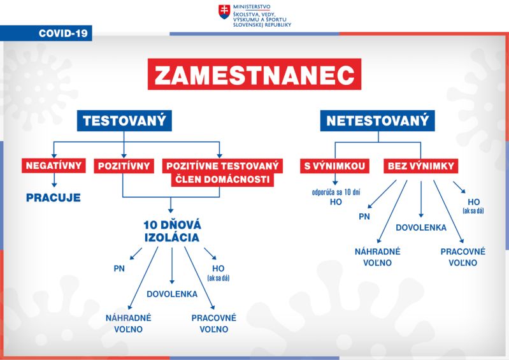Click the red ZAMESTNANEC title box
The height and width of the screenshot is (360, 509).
click(254, 74)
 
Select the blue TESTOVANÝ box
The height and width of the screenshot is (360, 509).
click(124, 121)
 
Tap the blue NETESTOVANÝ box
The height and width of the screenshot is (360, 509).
click(378, 121)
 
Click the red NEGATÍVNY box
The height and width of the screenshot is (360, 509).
click(54, 166)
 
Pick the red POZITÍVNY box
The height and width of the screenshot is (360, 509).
click(124, 166)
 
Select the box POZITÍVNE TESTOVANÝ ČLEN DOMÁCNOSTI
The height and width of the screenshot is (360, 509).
click(223, 173)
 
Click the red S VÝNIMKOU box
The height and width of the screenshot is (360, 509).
click(334, 166)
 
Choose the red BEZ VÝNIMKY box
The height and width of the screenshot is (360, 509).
click(420, 166)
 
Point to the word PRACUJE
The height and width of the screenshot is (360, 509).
click(54, 198)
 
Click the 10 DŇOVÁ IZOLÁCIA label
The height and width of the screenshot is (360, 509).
click(172, 231)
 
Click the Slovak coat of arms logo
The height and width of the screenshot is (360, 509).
click(224, 11)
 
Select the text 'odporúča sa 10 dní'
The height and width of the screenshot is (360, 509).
click(336, 192)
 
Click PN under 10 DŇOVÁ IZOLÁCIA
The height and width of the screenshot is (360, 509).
click(119, 268)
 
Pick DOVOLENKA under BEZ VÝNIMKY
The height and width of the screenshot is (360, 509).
click(421, 227)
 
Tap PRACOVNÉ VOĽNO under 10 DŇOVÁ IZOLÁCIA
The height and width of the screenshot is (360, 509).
click(214, 323)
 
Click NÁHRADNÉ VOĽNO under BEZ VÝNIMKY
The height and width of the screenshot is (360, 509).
click(378, 257)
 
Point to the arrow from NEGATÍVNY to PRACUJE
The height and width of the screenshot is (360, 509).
click(54, 180)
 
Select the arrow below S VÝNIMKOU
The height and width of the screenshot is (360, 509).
click(335, 179)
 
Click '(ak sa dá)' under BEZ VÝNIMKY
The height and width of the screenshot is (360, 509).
click(473, 211)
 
